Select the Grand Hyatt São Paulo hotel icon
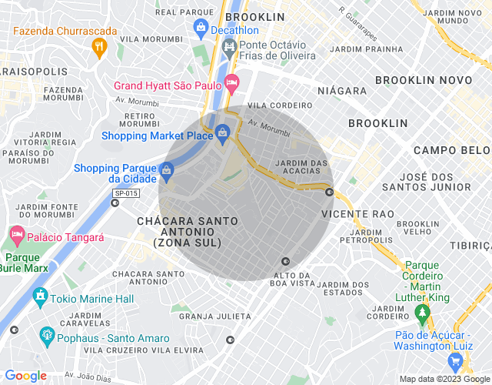click(231, 82)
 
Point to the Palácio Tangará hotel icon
click(16, 233)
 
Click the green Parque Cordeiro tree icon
click(421, 313)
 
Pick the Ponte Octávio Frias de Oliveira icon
click(229, 48)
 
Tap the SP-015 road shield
click(126, 193)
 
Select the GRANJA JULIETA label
click(215, 316)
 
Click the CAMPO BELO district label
click(451, 150)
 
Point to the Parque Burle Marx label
click(26, 263)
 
